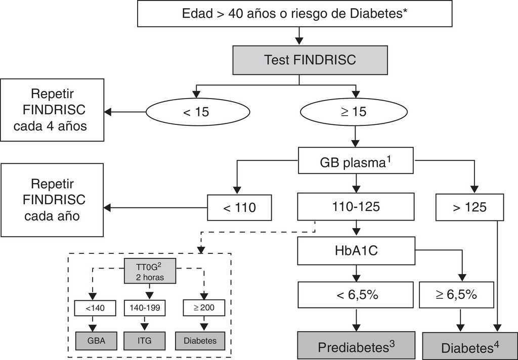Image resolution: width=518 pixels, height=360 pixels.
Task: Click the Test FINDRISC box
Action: click(x=310, y=60)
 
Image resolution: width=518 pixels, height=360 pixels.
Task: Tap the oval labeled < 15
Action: click(x=194, y=112)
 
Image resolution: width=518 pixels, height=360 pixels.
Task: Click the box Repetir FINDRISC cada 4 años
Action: click(x=52, y=110)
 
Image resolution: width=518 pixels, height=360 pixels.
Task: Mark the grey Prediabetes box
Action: click(x=356, y=346)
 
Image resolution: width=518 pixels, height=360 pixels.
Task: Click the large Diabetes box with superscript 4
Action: click(x=470, y=347)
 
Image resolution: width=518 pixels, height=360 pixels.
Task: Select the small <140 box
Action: click(x=96, y=308)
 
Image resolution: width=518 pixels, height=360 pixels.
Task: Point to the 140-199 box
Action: click(x=145, y=308)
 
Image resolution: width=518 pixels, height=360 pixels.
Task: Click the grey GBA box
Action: click(x=96, y=340)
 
